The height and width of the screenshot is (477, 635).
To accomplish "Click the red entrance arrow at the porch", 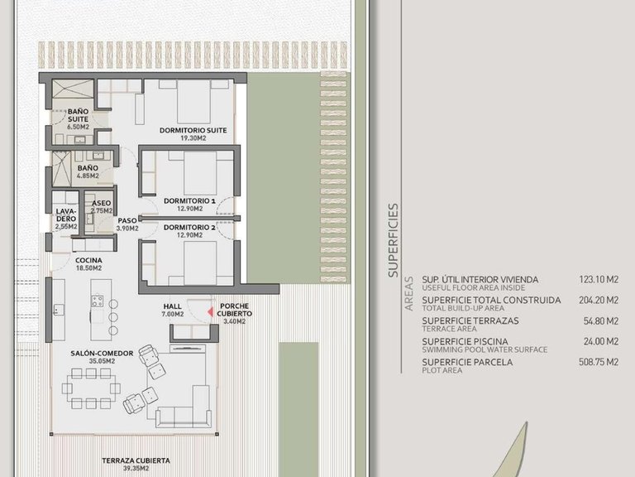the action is tap(210, 312).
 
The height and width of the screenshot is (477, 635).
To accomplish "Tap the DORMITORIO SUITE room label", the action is tap(193, 131).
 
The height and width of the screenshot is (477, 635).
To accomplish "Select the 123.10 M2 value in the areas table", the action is tap(599, 279).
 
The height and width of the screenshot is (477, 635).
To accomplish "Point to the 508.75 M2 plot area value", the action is tap(599, 362).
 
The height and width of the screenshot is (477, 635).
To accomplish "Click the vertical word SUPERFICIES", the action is tap(394, 240).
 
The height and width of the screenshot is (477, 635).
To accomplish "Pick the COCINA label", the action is tap(88, 260).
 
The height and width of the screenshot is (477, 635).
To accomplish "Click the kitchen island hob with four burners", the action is tap(98, 301).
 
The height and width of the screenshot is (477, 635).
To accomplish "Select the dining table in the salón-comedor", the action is tap(91, 388).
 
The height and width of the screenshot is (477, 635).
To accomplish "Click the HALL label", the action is tap(173, 306).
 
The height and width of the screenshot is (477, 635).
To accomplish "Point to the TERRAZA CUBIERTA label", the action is tap(136, 460).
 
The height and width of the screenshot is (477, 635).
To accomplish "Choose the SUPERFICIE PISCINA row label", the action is tap(465, 341).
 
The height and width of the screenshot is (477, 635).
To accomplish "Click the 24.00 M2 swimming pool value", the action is tap(601, 341).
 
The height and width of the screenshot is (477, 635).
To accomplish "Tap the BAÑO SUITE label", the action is tap(79, 115).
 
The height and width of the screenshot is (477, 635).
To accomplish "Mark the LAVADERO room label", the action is tap(66, 215).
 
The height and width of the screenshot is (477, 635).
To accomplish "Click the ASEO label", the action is tap(101, 203).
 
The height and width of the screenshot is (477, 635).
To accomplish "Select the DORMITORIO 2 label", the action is tap(189, 227).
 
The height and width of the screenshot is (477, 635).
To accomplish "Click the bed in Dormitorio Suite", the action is tap(193, 101).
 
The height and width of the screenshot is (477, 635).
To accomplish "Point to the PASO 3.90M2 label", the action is tap(127, 224).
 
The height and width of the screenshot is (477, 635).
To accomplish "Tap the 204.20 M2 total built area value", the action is tap(599, 300).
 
